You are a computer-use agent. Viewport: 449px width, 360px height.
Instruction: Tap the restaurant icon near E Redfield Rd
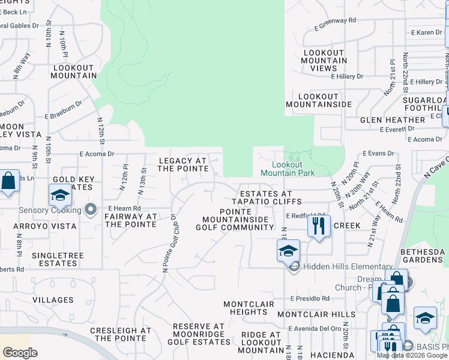319,227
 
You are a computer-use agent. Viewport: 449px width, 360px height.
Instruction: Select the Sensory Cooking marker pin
91,210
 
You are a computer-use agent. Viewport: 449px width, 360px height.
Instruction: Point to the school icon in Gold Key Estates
60,196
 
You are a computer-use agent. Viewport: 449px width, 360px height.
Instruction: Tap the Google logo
20,353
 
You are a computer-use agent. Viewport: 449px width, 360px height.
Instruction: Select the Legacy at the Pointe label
183,164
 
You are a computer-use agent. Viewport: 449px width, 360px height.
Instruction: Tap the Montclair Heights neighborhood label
249,308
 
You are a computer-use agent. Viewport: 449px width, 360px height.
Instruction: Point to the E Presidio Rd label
310,298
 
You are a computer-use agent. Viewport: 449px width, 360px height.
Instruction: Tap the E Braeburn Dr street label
63,118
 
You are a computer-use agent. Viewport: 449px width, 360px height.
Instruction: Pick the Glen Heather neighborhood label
393,120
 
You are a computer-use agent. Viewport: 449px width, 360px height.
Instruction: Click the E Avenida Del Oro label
315,328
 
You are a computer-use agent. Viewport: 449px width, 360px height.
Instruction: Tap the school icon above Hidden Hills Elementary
288,250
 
